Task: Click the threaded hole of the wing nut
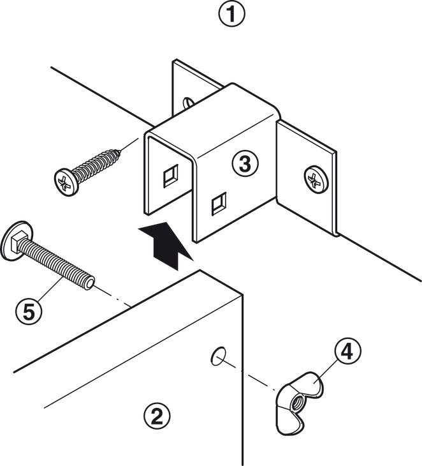click(x=298, y=403)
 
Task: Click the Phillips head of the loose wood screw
click(x=64, y=180)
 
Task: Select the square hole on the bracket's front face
click(x=217, y=204)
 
